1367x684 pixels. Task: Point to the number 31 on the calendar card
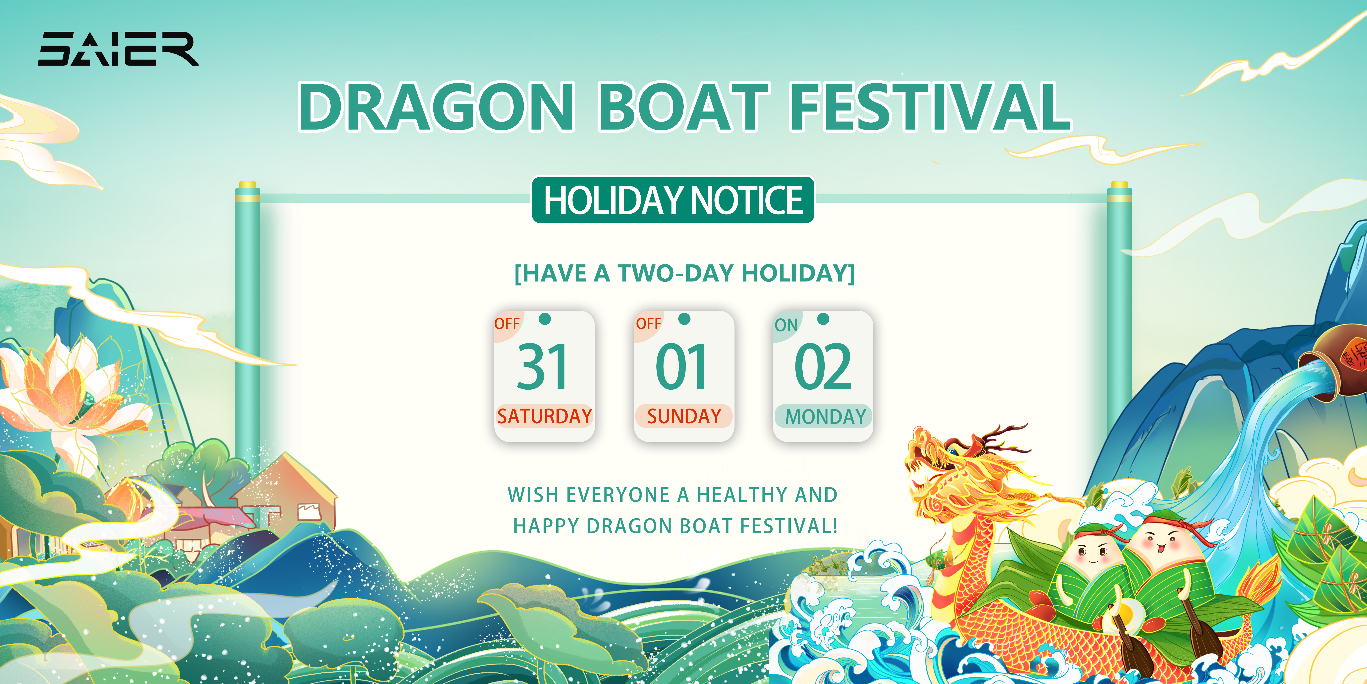[542, 366]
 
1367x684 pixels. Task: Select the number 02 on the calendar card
[822, 366]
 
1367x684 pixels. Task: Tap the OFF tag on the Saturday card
[507, 323]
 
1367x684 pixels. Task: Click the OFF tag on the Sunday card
[648, 323]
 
